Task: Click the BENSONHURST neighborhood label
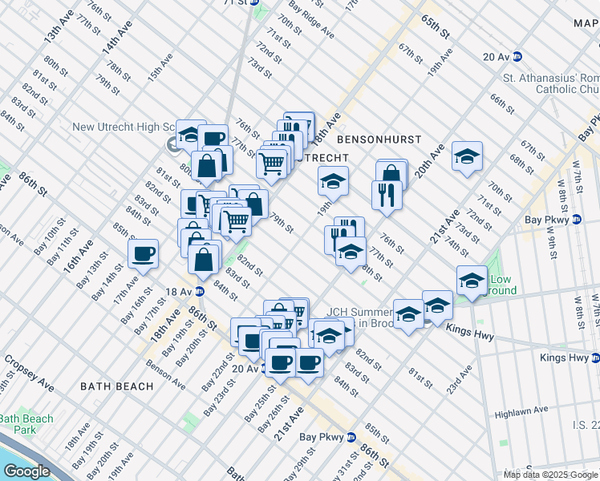(x=379, y=139)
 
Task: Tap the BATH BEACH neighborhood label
(x=116, y=386)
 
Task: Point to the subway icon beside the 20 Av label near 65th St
(x=517, y=56)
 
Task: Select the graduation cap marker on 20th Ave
(x=467, y=156)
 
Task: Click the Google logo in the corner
(x=26, y=471)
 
